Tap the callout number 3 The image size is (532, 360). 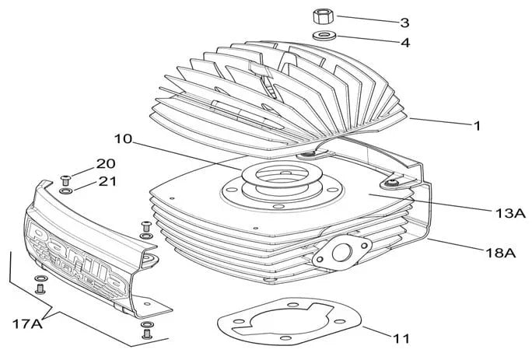404,22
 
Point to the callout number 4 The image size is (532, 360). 404,43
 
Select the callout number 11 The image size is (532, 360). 401,338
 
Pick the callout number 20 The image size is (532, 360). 105,164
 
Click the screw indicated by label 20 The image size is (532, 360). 65,180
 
